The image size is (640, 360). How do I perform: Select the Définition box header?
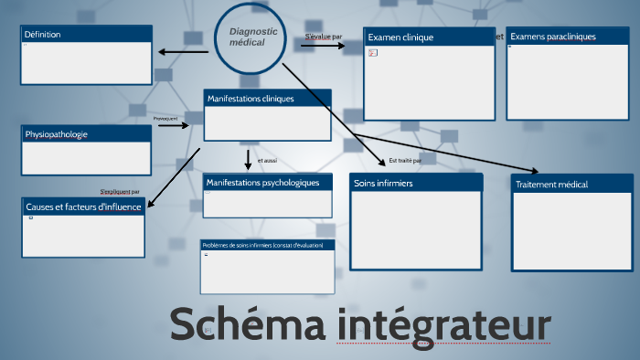pos(85,35)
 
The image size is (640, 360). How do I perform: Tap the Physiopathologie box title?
pos(86,134)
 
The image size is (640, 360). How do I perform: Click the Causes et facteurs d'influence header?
pos(83,206)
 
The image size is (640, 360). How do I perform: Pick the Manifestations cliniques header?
pos(267,99)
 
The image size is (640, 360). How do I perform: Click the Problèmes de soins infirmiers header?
pos(268,245)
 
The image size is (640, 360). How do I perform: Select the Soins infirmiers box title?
pos(415,184)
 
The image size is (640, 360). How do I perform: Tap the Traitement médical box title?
pos(571,184)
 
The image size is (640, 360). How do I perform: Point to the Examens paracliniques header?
pos(567,37)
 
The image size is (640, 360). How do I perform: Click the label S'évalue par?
pos(324,37)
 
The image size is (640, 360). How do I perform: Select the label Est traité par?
pos(405,160)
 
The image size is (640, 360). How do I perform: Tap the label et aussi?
pos(267,160)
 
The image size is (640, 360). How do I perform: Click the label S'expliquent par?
pos(120,192)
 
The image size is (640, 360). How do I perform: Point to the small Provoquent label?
pos(165,118)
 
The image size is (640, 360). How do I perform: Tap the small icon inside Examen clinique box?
pos(372,53)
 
